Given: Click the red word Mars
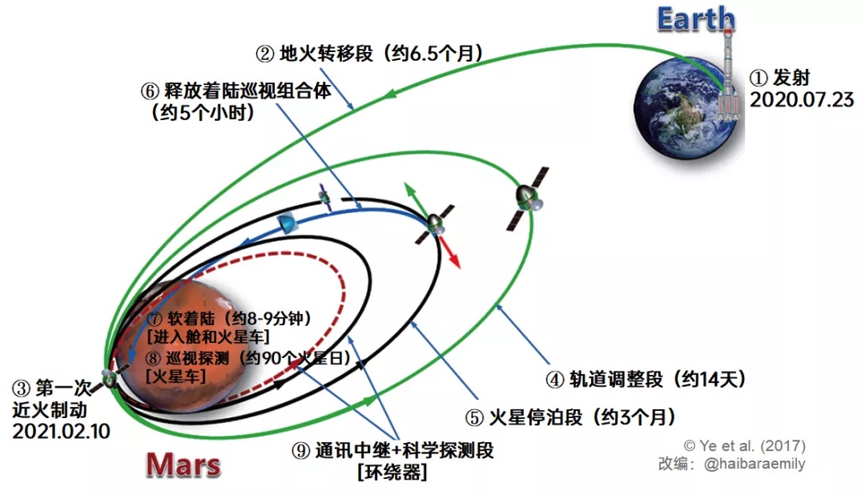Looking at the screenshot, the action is pyautogui.click(x=183, y=465).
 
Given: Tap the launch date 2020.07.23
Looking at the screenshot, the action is pyautogui.click(x=802, y=100).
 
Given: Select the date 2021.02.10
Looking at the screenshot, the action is pyautogui.click(x=61, y=431).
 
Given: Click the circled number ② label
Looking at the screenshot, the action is pyautogui.click(x=265, y=54).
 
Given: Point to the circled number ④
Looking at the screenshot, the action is pyautogui.click(x=555, y=380).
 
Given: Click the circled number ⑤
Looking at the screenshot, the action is pyautogui.click(x=474, y=418).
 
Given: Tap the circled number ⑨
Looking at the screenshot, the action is pyautogui.click(x=300, y=451).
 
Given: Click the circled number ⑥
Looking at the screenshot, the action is pyautogui.click(x=150, y=91).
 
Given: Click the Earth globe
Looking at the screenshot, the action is pyautogui.click(x=685, y=107).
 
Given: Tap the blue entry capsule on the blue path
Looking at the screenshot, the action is pyautogui.click(x=287, y=223).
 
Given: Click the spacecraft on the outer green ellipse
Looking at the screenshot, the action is pyautogui.click(x=528, y=199).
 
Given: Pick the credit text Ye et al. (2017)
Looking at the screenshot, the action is pyautogui.click(x=745, y=445).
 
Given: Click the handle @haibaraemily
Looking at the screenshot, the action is pyautogui.click(x=754, y=464).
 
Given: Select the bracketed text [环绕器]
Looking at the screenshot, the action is pyautogui.click(x=392, y=473).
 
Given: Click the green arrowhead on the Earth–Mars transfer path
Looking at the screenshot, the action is pyautogui.click(x=389, y=93).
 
